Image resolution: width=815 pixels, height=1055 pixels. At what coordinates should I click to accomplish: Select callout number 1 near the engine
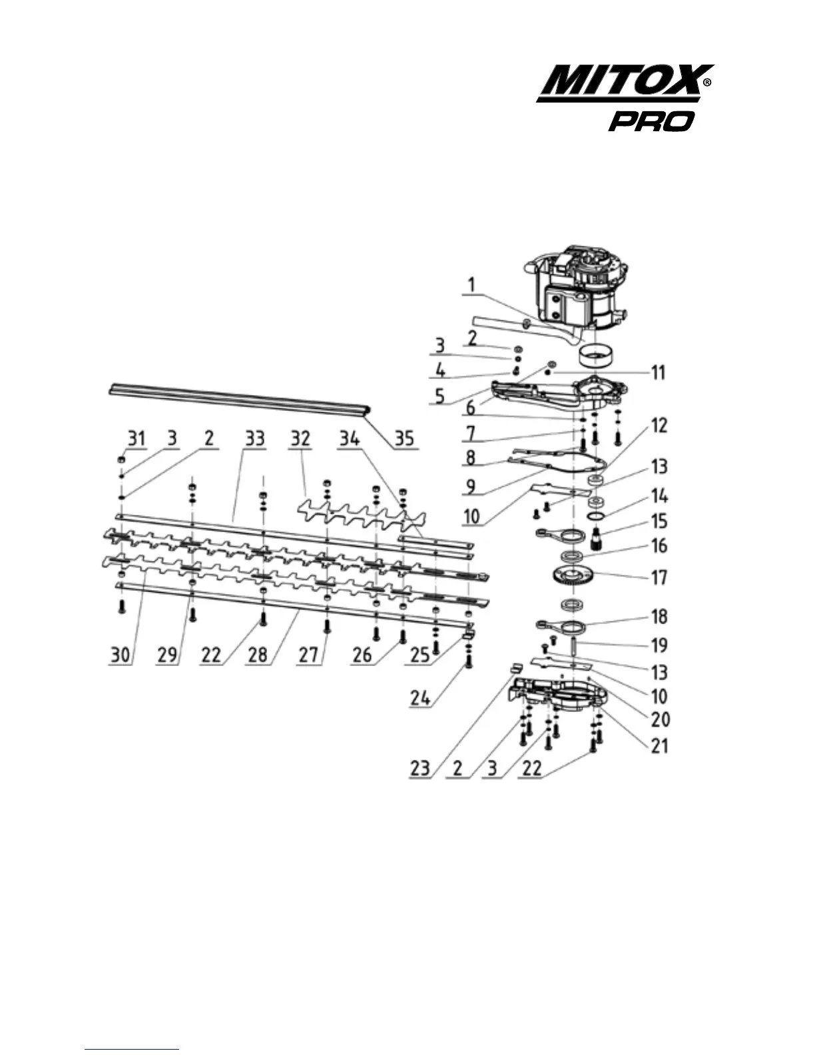point(471,286)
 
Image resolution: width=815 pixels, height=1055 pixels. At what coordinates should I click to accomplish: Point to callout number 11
point(657,372)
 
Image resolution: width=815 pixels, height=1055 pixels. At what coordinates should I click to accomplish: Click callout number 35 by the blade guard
point(404,438)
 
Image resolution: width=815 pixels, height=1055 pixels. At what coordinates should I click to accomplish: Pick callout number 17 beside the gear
point(659,576)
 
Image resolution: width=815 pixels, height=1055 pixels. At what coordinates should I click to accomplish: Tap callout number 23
point(420,768)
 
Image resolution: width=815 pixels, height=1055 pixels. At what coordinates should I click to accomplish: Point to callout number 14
point(659,496)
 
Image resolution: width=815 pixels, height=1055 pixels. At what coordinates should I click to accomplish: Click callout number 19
point(659,645)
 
